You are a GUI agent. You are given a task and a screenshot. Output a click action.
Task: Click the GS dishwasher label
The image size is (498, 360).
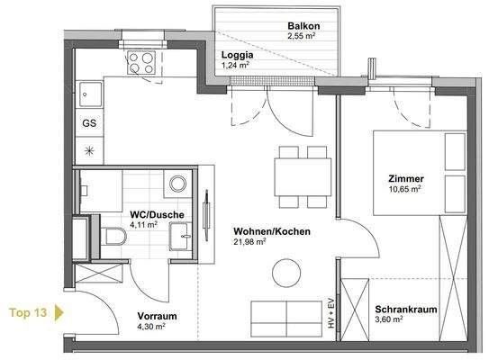[x=89, y=123]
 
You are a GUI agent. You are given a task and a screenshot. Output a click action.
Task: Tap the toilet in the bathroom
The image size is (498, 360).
[x=113, y=238]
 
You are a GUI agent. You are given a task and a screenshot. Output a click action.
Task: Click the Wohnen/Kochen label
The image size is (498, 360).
[x=271, y=231]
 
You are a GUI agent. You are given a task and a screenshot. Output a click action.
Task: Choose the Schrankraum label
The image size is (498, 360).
[x=405, y=309]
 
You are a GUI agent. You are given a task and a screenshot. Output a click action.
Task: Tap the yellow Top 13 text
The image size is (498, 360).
[x=28, y=313]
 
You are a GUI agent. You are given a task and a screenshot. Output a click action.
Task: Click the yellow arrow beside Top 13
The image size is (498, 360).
[x=59, y=313]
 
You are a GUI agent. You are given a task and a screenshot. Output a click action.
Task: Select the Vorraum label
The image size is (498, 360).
[x=157, y=317]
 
